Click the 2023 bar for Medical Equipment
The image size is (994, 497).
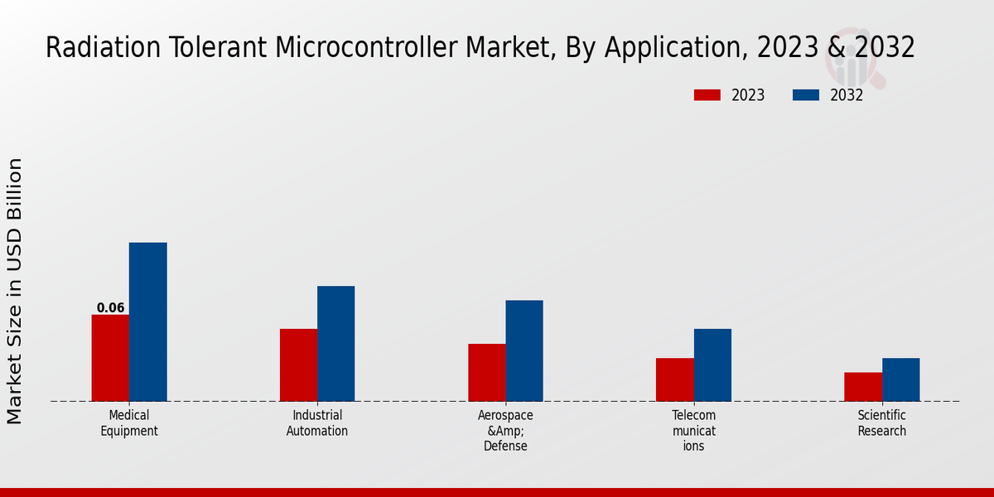[x=110, y=358]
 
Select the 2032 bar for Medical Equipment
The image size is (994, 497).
[x=147, y=322]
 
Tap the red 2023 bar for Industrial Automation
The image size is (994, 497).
[x=298, y=365]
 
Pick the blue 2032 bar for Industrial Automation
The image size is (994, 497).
[x=335, y=344]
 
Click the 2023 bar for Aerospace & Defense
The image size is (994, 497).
[x=486, y=373]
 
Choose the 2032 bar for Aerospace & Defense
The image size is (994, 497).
[x=524, y=351]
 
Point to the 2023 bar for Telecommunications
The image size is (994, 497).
[x=674, y=379]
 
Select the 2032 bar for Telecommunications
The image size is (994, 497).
[x=712, y=365]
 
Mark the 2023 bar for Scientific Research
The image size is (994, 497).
[x=863, y=387]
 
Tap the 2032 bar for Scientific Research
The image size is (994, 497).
[x=900, y=379]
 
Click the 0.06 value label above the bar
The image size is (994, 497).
[x=110, y=308]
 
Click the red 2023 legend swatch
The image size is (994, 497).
[x=707, y=95]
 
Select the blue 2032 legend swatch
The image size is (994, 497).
[x=805, y=95]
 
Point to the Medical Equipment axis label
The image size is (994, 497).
[x=129, y=423]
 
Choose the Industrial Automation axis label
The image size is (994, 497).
[x=317, y=423]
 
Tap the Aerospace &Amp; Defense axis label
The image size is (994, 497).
[x=505, y=431]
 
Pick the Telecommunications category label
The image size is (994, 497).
[x=693, y=431]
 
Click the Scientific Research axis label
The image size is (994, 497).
[x=882, y=423]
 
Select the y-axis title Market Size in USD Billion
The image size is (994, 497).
[x=15, y=291]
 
